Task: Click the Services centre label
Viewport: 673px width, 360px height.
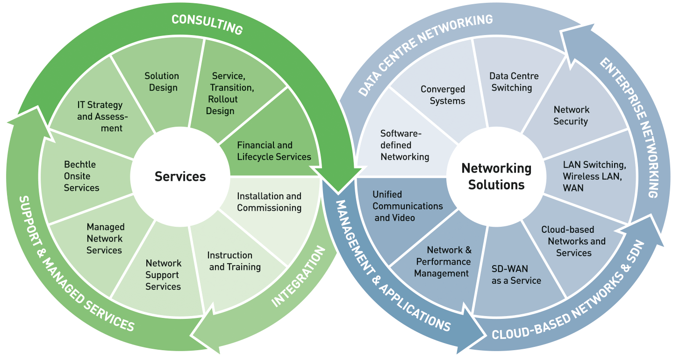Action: click(x=180, y=176)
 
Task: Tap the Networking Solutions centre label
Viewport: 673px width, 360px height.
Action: click(x=496, y=176)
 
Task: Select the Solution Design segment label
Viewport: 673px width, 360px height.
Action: click(x=161, y=82)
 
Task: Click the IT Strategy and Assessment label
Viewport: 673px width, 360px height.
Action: click(x=100, y=116)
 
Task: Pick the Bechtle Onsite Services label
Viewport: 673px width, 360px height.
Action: click(x=81, y=176)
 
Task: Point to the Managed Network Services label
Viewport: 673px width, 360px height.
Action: click(x=105, y=238)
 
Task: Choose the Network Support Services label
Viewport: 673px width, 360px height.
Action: click(x=163, y=275)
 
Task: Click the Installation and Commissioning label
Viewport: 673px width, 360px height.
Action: click(x=269, y=202)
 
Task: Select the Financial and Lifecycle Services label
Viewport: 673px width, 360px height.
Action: click(x=274, y=151)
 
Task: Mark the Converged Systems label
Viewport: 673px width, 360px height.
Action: click(x=443, y=95)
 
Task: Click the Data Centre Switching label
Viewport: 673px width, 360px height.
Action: click(x=514, y=82)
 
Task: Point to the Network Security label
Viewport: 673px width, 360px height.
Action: click(x=571, y=115)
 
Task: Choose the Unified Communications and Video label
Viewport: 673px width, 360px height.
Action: click(x=408, y=206)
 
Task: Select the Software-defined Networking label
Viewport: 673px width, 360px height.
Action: click(x=404, y=145)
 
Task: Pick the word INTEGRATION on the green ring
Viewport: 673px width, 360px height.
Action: click(x=298, y=277)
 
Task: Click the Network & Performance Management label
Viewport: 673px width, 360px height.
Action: click(x=443, y=262)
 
